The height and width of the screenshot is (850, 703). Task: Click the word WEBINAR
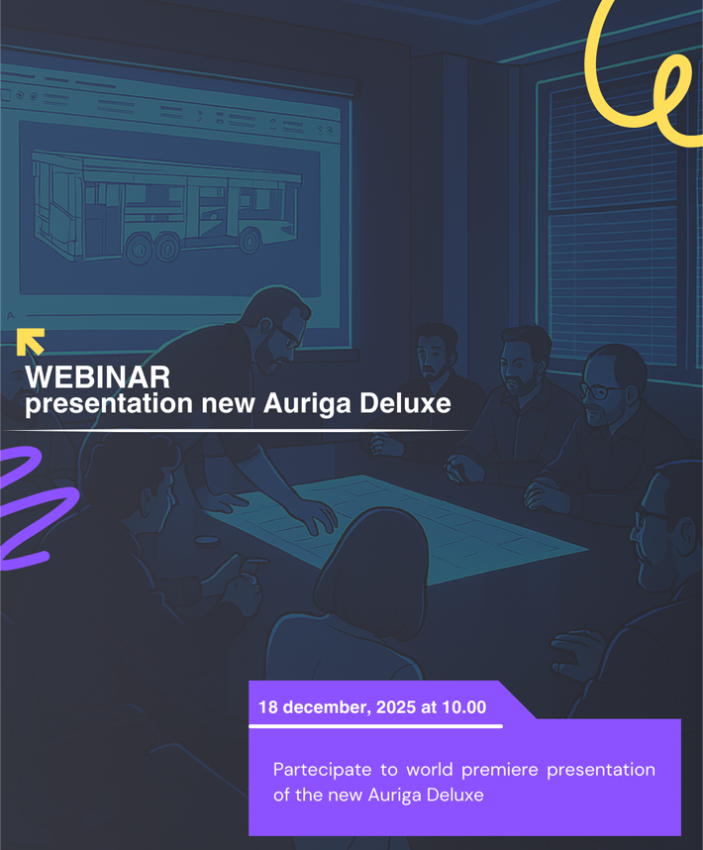point(97,377)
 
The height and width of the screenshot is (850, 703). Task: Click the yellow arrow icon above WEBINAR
point(31,341)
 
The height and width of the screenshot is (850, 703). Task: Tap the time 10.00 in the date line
point(462,707)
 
